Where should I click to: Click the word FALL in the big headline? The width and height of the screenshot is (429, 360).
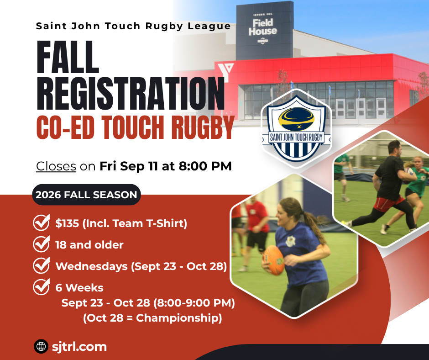[x=68, y=57]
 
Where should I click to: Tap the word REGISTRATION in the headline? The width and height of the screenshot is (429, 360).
[x=131, y=93]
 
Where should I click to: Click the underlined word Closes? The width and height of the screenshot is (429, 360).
[x=56, y=166]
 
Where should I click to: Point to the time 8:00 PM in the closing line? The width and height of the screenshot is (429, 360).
[x=205, y=166]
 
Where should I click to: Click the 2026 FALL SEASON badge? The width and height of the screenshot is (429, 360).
[x=86, y=195]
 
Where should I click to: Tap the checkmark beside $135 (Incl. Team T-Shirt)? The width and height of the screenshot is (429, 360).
[x=42, y=222]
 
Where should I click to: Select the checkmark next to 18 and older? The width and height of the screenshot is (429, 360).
[x=42, y=244]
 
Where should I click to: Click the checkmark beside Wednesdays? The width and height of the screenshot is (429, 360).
[x=42, y=265]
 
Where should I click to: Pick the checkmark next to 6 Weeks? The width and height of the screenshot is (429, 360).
[x=42, y=286]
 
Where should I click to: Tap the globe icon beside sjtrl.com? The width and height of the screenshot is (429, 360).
[x=41, y=346]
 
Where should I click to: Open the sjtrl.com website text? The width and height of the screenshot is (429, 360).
[x=79, y=347]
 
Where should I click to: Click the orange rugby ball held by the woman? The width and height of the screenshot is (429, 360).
[x=273, y=260]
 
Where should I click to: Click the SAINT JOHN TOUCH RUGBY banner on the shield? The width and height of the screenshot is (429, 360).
[x=296, y=137]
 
